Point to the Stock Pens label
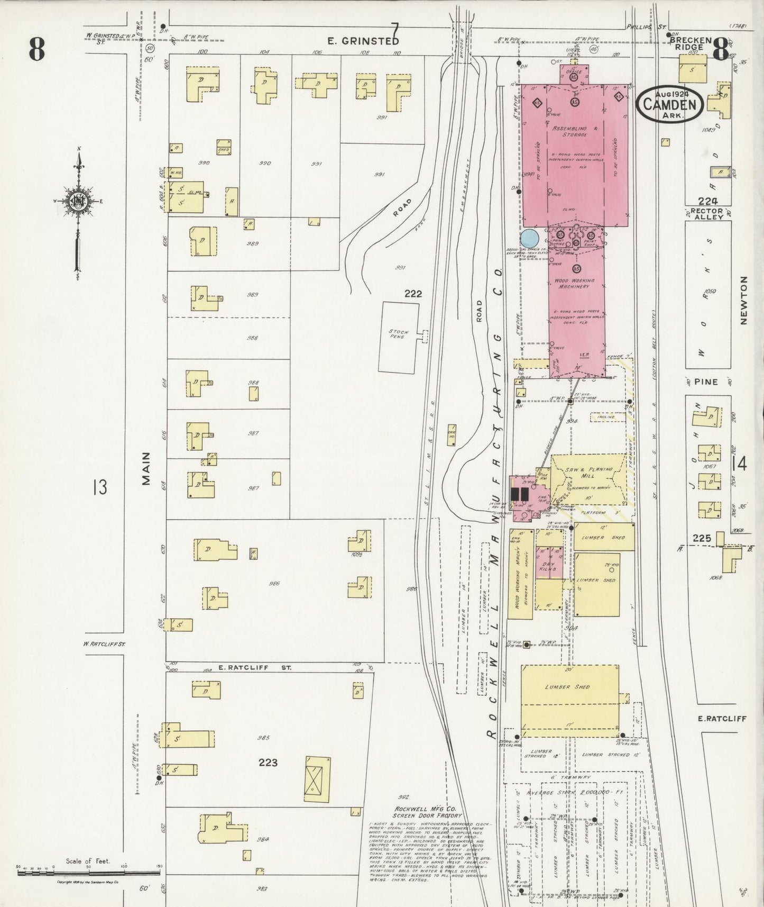tap(399, 334)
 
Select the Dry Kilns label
tap(549, 567)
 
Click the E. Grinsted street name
tap(362, 41)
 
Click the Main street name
tap(146, 468)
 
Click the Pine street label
tap(706, 382)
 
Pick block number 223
tap(268, 763)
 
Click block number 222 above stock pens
tap(413, 294)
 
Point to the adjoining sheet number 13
tap(99, 486)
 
